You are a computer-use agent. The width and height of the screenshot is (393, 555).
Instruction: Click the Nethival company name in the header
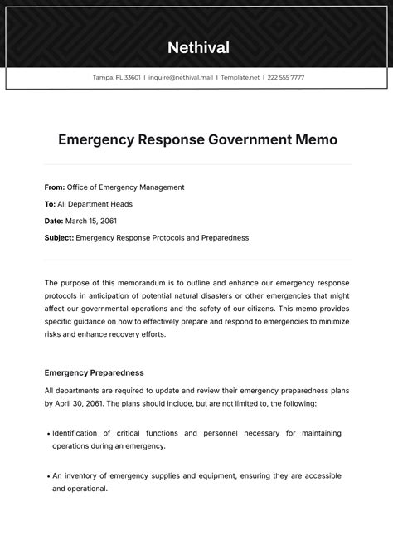click(x=198, y=47)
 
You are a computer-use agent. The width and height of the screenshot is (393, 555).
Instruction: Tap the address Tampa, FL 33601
click(x=116, y=77)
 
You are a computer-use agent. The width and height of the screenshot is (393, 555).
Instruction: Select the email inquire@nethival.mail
click(x=181, y=77)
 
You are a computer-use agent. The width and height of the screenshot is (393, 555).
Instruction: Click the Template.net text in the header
click(x=239, y=77)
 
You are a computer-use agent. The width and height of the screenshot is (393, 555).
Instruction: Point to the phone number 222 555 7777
click(x=285, y=77)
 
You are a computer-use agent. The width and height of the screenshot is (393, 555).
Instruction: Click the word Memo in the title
click(x=317, y=139)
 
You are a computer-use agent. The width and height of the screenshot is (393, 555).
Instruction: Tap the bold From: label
click(x=54, y=187)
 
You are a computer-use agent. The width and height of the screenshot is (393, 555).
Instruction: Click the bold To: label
click(x=50, y=204)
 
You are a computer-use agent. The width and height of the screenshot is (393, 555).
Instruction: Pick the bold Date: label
click(x=54, y=221)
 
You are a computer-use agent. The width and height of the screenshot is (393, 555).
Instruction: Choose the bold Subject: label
click(x=59, y=237)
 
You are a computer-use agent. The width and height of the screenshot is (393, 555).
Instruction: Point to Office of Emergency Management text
click(x=125, y=187)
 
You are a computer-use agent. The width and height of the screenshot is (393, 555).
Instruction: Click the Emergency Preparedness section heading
click(x=94, y=372)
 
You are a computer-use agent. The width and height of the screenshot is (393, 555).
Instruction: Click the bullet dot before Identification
click(x=47, y=433)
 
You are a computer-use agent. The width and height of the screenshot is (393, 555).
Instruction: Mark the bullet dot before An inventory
click(x=47, y=476)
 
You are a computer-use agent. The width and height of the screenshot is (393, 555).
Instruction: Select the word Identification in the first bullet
click(x=80, y=433)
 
